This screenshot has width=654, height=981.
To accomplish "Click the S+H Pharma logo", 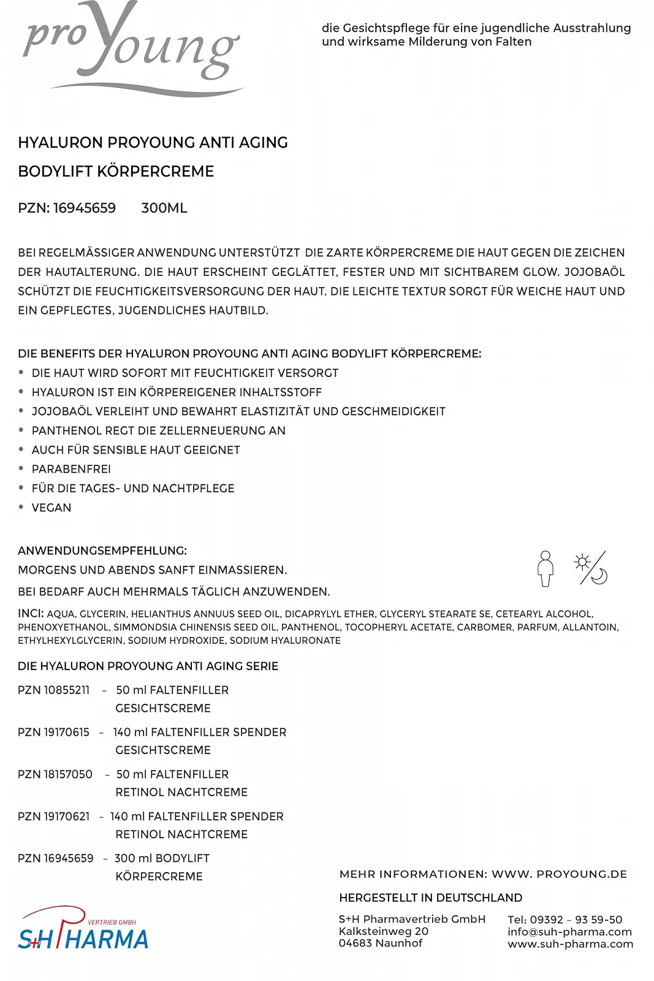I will tap(83, 929).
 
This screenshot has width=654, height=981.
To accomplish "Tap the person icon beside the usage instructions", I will tap(545, 568).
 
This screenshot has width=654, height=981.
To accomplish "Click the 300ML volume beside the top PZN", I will tap(164, 208).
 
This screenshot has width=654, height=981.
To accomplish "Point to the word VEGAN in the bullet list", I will tap(51, 508).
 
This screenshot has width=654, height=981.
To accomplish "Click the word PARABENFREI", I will tap(71, 469).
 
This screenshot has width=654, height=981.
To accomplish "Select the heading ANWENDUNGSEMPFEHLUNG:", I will tap(102, 551).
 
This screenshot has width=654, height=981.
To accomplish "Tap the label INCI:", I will tap(31, 613).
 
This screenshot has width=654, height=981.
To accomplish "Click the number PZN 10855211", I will tap(54, 690).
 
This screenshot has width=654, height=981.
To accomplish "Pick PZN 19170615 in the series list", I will tap(54, 732).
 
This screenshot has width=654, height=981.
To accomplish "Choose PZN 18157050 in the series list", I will tap(55, 774).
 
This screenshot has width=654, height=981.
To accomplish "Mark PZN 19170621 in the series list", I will tap(54, 816).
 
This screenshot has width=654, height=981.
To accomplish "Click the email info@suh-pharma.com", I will tap(569, 931).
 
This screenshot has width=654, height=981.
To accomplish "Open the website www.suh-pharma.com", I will tap(570, 944).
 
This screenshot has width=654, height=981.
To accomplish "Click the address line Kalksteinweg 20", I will tap(384, 931).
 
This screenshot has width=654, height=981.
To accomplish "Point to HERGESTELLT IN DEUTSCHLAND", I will tap(430, 898).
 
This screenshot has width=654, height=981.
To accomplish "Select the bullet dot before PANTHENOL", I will tap(21, 430).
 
